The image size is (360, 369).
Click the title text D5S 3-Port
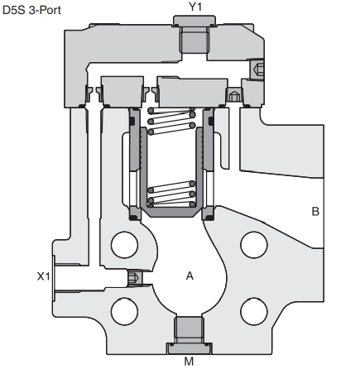[x=31, y=10]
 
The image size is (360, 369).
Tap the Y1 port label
[x=195, y=7]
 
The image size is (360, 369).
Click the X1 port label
[x=44, y=276]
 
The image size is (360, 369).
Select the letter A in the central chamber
[x=190, y=276]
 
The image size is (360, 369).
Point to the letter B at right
[x=315, y=211]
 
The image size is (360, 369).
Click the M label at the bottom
[x=189, y=361]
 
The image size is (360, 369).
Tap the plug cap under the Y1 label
[x=194, y=21]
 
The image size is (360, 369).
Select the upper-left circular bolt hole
[x=124, y=245]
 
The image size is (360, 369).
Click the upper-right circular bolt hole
[x=254, y=245]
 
